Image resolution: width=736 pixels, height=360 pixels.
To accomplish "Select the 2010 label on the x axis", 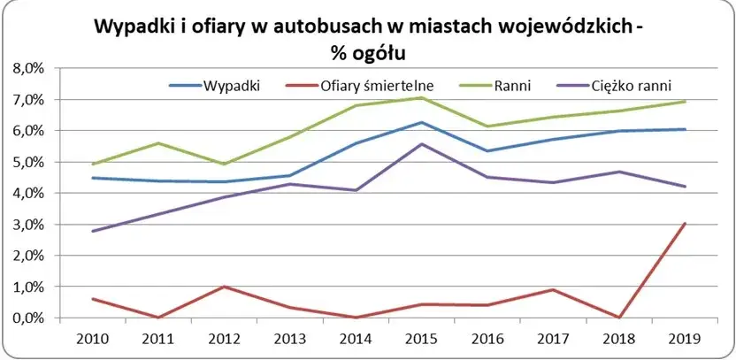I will pos(94,340).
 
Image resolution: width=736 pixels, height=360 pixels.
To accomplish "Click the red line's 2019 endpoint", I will pos(685,224).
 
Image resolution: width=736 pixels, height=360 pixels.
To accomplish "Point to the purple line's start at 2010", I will pos(94,231).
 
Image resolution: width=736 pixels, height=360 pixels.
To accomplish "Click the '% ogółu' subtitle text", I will pos(368,54).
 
